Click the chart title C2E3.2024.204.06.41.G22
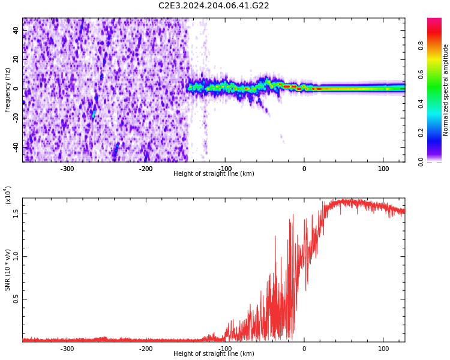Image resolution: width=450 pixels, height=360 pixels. click(x=214, y=6)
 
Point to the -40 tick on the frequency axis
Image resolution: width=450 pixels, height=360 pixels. click(x=15, y=147)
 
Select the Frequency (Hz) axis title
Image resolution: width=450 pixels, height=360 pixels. click(x=8, y=90)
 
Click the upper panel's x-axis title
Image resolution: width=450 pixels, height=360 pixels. click(x=214, y=174)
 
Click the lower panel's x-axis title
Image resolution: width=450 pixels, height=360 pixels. click(x=214, y=354)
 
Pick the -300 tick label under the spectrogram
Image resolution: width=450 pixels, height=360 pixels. click(x=67, y=169)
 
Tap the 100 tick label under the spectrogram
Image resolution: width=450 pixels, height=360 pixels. click(x=383, y=169)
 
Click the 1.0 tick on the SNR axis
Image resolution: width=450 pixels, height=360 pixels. click(x=16, y=256)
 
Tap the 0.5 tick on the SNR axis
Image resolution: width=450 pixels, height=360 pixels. click(x=16, y=299)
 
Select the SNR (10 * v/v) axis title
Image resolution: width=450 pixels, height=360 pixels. click(x=8, y=270)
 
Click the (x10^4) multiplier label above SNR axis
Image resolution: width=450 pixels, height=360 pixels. click(x=8, y=195)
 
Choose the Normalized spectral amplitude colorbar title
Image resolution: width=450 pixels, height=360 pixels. click(x=446, y=90)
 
